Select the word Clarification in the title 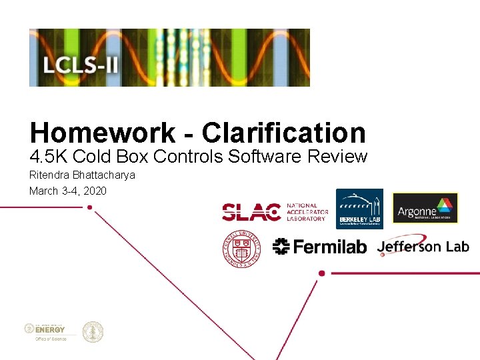tap(284, 133)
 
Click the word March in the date tap(43, 191)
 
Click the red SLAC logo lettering tap(251, 212)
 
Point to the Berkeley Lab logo tap(359, 209)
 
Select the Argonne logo tap(425, 208)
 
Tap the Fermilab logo tap(320, 247)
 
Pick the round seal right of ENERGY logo tap(93, 331)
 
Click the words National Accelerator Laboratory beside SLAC tap(307, 212)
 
